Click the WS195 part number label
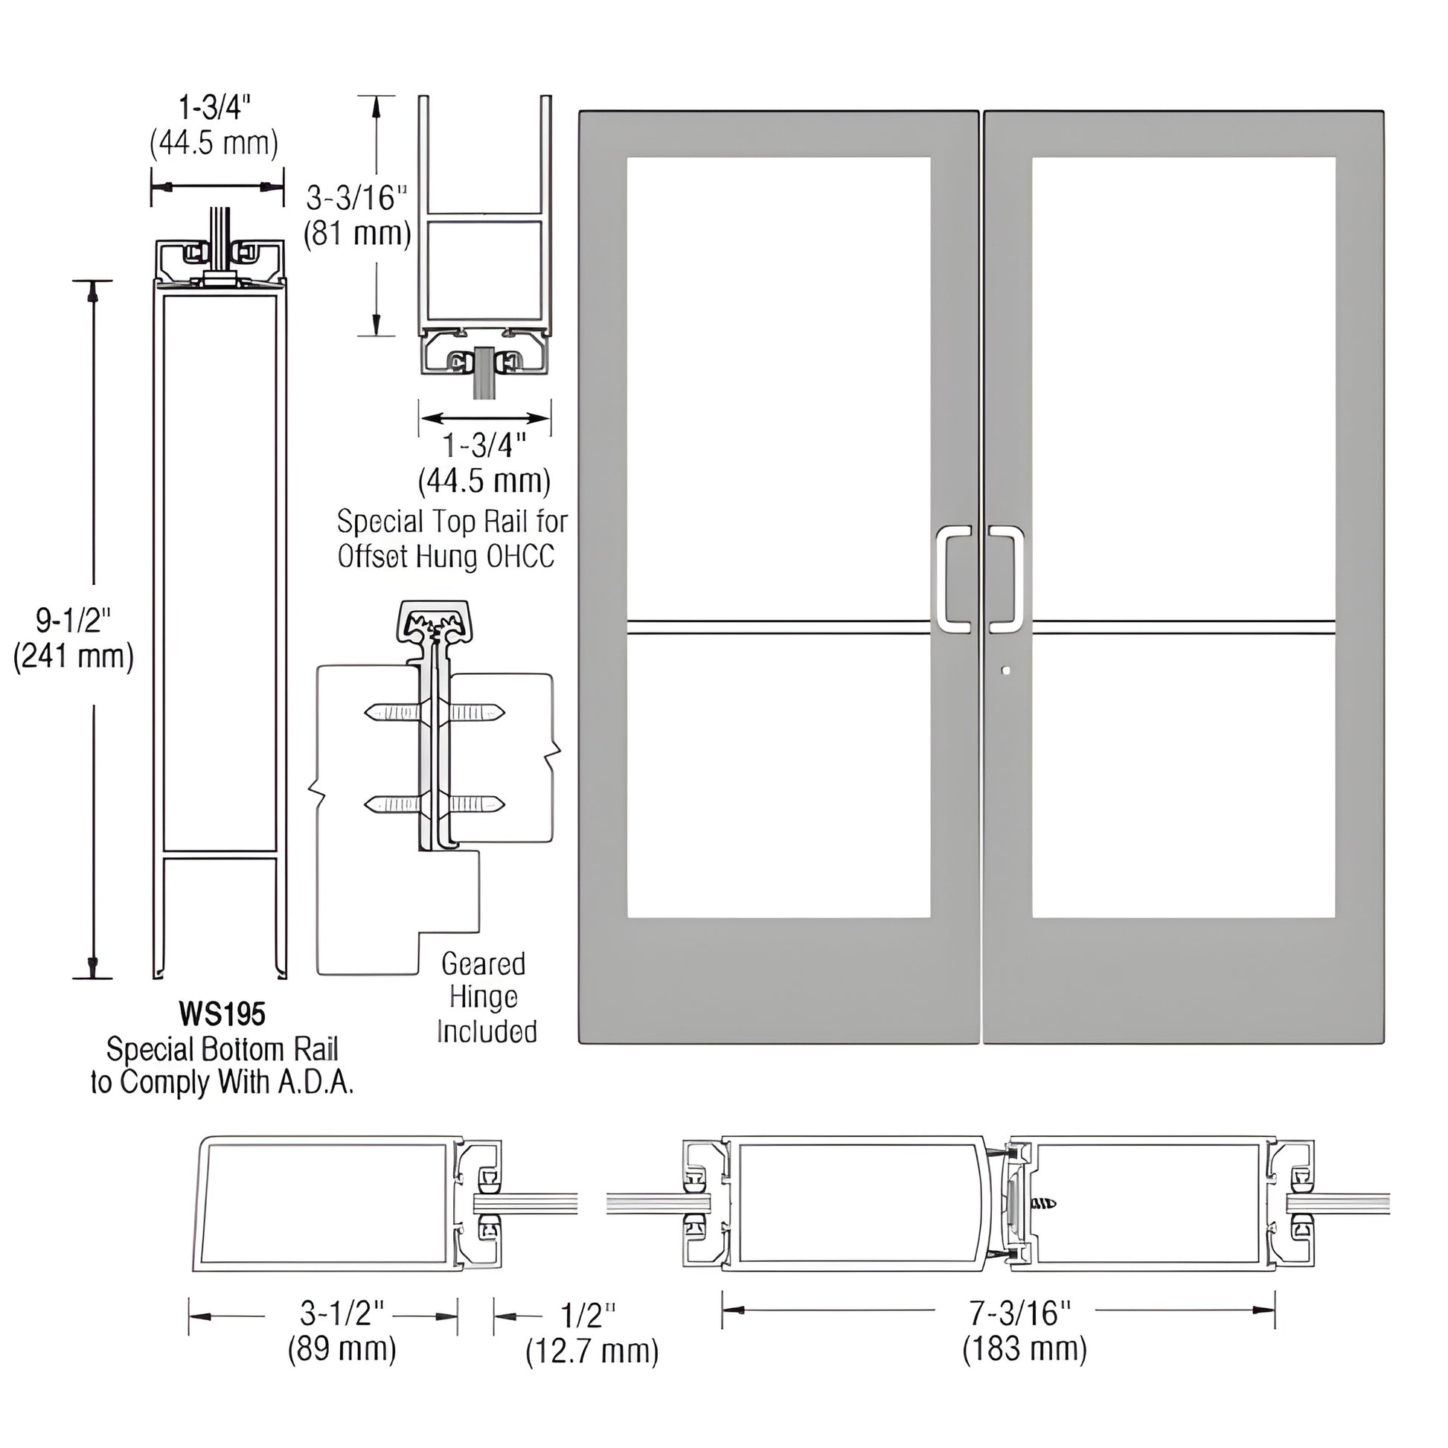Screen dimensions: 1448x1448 (222, 1015)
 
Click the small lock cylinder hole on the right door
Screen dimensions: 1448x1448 (1006, 670)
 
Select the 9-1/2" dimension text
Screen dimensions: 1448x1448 (74, 621)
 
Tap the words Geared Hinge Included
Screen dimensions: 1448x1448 (486, 998)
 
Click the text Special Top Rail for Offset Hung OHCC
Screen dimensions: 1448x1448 (451, 539)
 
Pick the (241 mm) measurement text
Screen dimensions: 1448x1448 (74, 656)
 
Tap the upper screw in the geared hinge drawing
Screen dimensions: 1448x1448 (435, 713)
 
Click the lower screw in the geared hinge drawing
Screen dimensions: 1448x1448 (435, 804)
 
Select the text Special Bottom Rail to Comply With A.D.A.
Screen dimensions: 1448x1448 (222, 1066)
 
